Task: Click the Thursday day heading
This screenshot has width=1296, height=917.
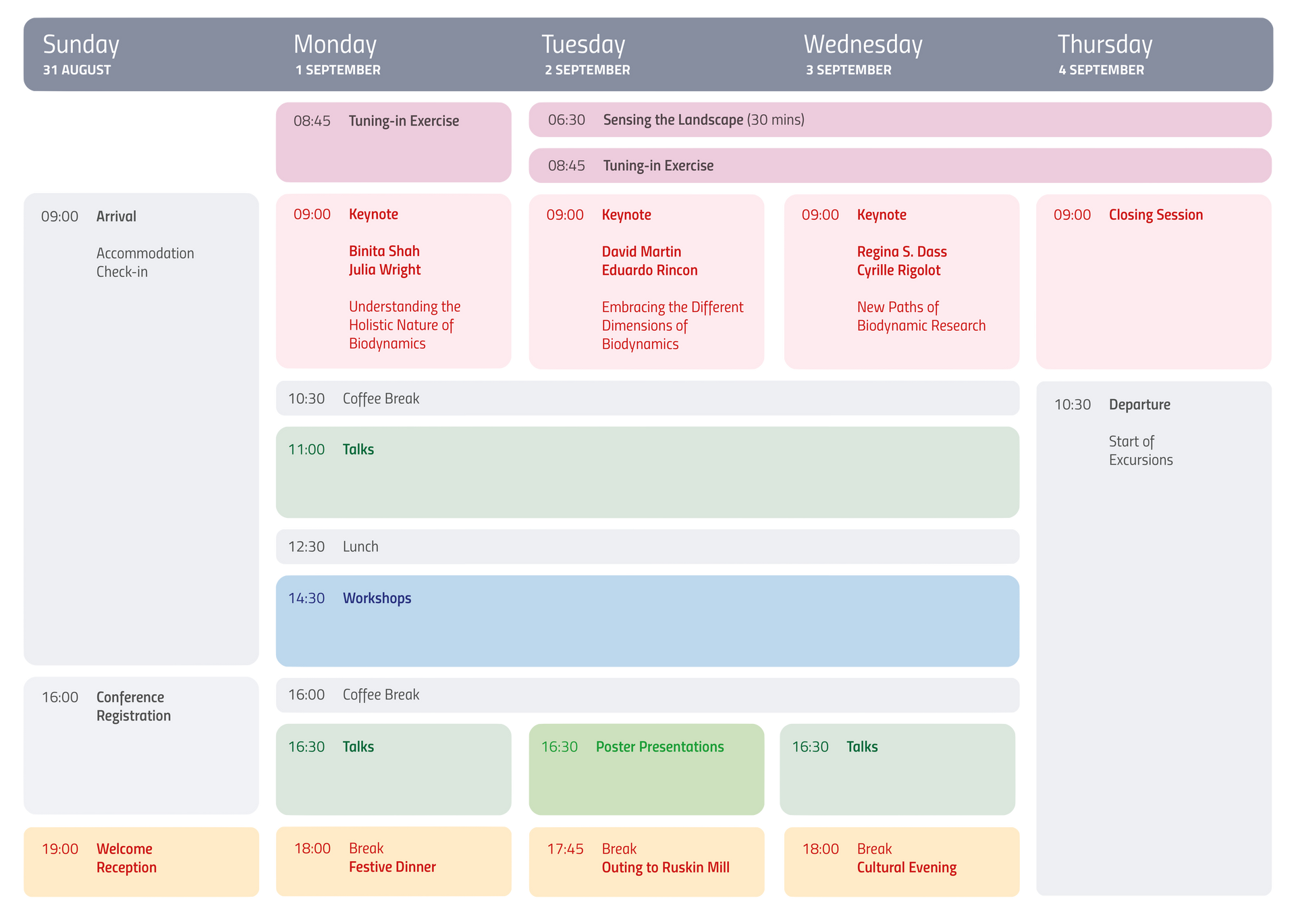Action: click(1104, 45)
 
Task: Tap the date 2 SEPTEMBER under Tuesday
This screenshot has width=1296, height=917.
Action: click(587, 70)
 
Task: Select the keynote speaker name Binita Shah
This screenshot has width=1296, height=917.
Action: click(384, 251)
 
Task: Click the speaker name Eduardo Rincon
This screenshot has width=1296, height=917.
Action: click(649, 270)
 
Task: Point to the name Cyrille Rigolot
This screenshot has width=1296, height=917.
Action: click(898, 270)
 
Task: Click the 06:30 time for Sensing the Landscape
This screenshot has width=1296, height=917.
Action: click(566, 120)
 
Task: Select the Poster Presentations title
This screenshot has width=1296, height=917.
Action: click(659, 747)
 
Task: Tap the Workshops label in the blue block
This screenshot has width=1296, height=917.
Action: click(377, 598)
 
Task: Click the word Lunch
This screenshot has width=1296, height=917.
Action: click(360, 546)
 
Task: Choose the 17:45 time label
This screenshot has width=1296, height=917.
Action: click(565, 849)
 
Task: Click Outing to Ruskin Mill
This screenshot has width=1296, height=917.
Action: click(666, 868)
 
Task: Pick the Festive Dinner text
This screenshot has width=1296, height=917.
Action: click(392, 867)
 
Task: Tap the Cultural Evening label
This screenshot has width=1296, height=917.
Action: click(907, 868)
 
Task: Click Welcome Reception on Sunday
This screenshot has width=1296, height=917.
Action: click(126, 858)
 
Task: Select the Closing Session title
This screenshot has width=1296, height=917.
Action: click(1156, 215)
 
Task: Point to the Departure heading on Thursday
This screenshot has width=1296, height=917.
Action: click(1139, 404)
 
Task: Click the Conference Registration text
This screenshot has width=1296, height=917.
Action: click(134, 706)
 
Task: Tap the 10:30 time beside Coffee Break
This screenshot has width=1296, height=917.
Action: click(306, 398)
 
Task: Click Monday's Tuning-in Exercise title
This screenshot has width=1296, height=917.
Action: click(404, 121)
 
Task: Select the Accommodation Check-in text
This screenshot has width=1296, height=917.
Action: click(145, 263)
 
